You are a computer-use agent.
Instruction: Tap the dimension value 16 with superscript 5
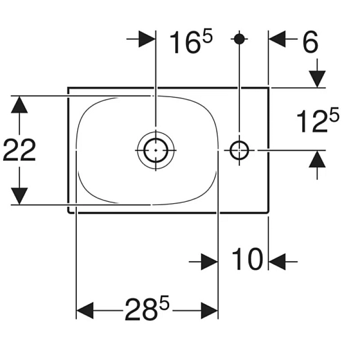pos(191,42)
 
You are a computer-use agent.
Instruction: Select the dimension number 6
pos(310,41)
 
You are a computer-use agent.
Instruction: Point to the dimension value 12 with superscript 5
pos(318,121)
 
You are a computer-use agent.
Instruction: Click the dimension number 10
pos(247,259)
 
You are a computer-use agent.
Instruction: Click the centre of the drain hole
pos(156,151)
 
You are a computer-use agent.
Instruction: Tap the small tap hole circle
pos(239,151)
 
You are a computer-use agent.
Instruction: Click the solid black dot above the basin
pos(239,39)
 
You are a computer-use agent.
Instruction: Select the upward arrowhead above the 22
pos(19,104)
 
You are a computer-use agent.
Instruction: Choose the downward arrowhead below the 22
pos(19,196)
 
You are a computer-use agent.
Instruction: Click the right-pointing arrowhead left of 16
pos(147,39)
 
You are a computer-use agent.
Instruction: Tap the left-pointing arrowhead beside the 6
pos(277,39)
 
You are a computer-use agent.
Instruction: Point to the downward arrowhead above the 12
pos(317,79)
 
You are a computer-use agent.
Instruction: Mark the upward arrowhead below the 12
pos(317,159)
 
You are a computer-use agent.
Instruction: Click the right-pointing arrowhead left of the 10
pos(209,262)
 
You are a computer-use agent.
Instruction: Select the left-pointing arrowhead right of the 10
pos(277,262)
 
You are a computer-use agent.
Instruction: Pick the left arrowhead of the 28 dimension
pos(85,311)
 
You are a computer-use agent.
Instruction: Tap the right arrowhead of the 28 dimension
pos(209,311)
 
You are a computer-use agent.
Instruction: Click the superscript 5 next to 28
pos(164,302)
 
